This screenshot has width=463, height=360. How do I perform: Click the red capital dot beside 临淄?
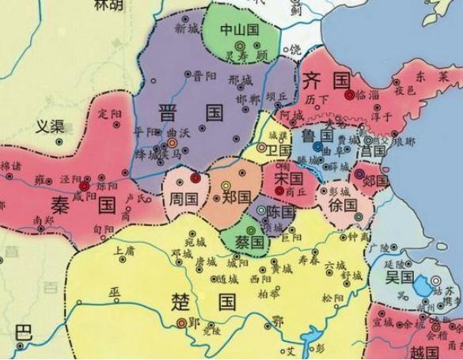349,94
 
